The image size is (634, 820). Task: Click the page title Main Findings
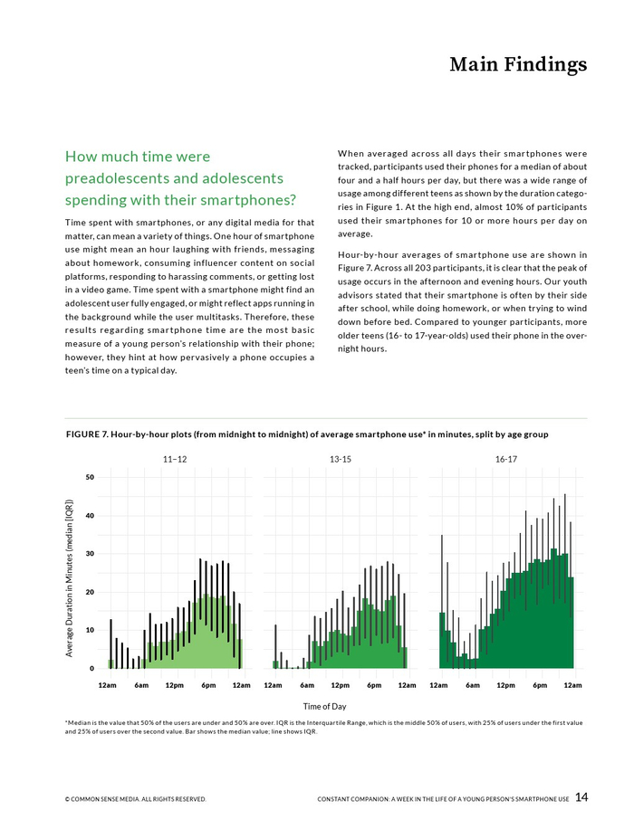coord(518,65)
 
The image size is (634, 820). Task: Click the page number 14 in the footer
coord(581,797)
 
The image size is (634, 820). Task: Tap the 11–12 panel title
coord(175,460)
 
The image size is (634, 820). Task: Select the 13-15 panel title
coord(341,460)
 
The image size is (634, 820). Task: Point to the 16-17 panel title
coord(506,460)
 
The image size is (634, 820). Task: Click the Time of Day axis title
coord(324,706)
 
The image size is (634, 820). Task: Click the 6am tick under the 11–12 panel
coord(141,685)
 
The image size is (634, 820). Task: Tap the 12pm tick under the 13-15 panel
coord(341,685)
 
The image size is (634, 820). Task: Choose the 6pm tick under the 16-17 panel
coord(540,685)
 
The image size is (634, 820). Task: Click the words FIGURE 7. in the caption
coord(88,435)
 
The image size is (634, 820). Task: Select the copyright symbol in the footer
coord(68,799)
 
